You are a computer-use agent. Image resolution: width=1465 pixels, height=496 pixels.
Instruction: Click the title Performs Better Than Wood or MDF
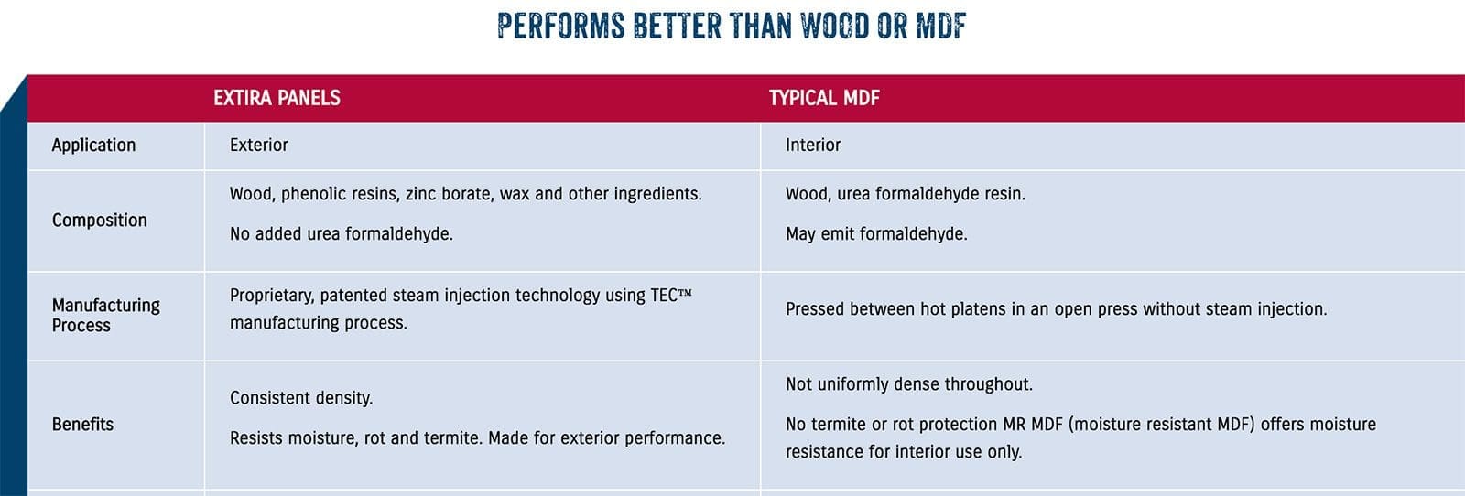click(732, 27)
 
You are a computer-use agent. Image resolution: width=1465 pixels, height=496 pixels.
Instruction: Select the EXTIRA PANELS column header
click(277, 98)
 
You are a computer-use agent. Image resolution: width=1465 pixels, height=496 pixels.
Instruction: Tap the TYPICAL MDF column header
click(824, 98)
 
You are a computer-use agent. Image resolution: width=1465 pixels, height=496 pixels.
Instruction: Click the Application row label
click(93, 146)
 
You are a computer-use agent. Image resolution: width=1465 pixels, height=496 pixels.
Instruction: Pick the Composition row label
click(100, 221)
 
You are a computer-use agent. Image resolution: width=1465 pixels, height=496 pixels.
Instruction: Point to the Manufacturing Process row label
click(106, 316)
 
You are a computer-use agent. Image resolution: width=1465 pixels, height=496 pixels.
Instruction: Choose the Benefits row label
click(82, 424)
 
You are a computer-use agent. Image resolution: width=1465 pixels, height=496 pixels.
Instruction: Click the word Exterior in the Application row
click(258, 146)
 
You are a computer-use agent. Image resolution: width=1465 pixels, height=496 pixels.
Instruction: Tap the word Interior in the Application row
click(813, 146)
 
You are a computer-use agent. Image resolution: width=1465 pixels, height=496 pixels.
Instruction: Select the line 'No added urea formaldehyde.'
click(341, 234)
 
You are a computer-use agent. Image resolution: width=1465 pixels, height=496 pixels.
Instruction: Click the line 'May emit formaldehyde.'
click(876, 234)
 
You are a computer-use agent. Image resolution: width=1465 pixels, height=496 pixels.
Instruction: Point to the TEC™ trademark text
click(671, 296)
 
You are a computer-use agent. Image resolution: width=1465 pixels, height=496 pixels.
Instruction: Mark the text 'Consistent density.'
click(301, 398)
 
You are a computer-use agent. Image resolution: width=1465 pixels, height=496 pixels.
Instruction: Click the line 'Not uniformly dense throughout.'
click(909, 384)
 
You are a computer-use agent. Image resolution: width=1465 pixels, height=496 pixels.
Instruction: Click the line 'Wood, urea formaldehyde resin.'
click(906, 194)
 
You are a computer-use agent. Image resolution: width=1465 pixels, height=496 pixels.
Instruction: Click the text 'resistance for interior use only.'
click(903, 452)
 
